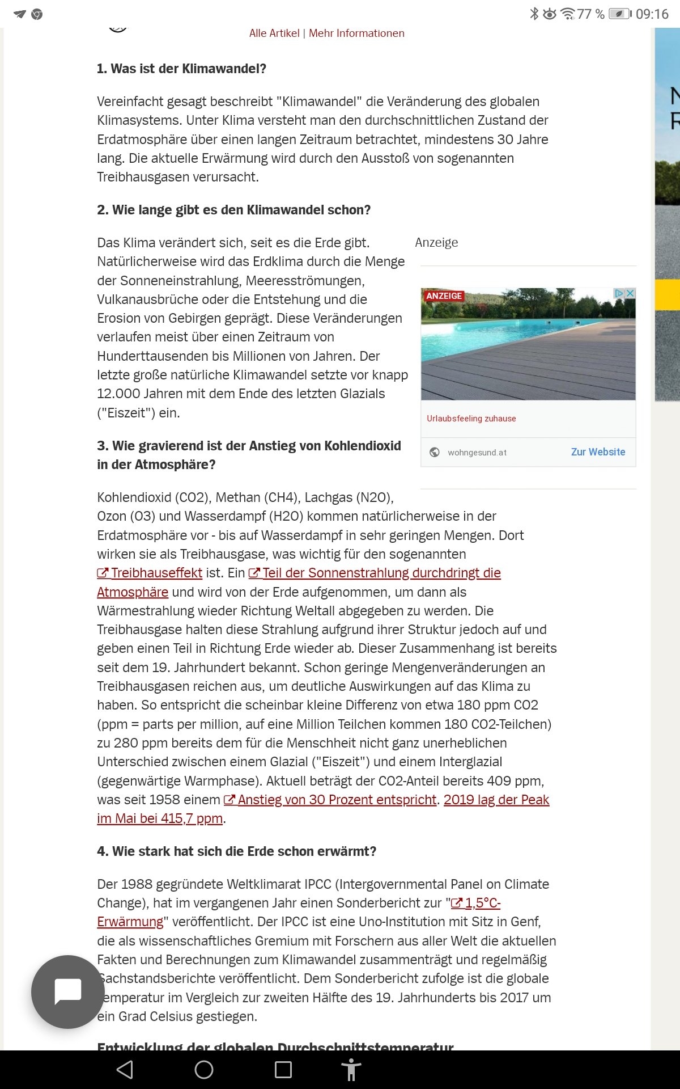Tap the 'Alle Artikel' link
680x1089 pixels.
(274, 33)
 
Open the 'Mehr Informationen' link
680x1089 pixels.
(356, 33)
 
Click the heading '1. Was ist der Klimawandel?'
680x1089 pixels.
(181, 69)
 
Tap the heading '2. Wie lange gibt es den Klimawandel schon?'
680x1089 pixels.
(233, 210)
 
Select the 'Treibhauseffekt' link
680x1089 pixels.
(156, 573)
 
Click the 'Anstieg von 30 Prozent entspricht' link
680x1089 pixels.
(337, 800)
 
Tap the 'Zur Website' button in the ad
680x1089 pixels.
(598, 452)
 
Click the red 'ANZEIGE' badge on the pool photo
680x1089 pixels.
(444, 296)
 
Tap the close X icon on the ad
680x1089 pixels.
(630, 293)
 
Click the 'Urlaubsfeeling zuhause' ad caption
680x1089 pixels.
(471, 419)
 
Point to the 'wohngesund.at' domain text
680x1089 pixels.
(477, 453)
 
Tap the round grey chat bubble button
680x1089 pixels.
(68, 991)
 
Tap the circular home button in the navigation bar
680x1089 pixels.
(204, 1070)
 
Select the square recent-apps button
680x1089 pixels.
(283, 1070)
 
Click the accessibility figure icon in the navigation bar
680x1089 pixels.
(351, 1070)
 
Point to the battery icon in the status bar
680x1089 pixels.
(619, 14)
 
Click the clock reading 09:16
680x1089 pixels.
(652, 14)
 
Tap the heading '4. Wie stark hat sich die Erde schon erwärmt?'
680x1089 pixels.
(236, 851)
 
